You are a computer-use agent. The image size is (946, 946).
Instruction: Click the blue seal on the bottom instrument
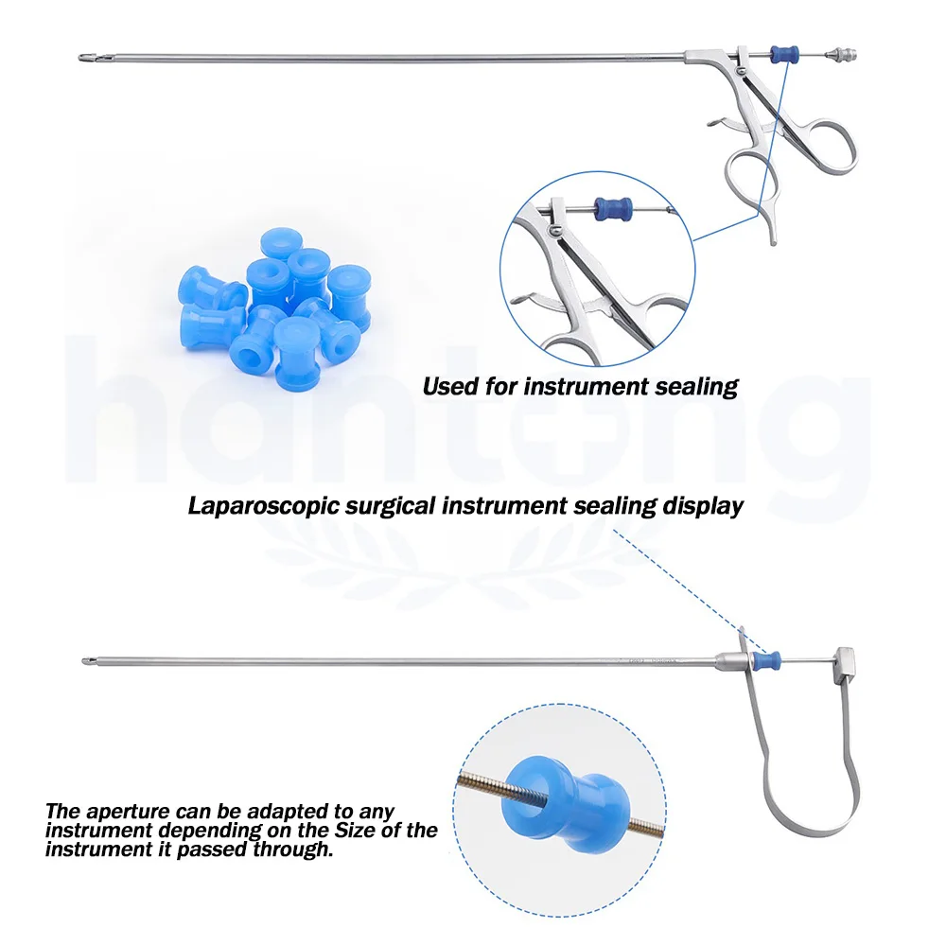(772, 658)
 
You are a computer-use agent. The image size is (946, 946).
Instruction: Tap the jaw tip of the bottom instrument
(87, 659)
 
